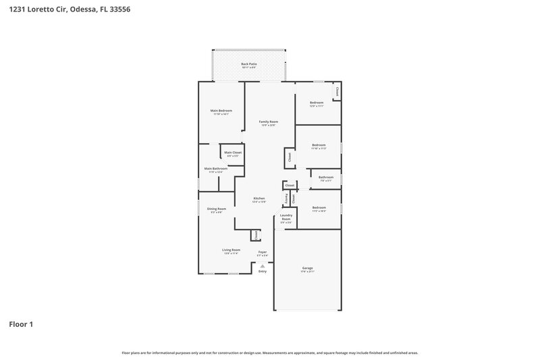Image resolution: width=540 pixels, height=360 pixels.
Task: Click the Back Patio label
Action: tap(248, 64)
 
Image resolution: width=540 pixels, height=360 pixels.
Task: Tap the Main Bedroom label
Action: tap(221, 111)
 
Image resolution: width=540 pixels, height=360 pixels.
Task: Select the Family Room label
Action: tap(268, 122)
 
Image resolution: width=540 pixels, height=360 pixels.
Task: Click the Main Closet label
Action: tap(233, 153)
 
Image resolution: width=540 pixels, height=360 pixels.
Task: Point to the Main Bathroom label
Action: tap(215, 169)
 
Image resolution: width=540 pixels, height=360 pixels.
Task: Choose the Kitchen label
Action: tap(259, 199)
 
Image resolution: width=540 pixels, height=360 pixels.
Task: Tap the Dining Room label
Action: tap(216, 209)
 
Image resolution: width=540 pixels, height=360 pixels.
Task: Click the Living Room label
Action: tap(232, 250)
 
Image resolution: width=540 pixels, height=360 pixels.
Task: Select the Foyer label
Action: tap(262, 252)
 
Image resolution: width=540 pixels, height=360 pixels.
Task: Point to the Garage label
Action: tap(307, 268)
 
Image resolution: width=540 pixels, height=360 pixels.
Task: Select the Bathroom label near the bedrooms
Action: tap(326, 178)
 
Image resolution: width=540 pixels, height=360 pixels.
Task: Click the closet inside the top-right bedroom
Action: tap(337, 91)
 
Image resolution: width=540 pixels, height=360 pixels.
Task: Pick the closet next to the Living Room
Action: tap(256, 234)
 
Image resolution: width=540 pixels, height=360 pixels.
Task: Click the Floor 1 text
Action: tap(21, 324)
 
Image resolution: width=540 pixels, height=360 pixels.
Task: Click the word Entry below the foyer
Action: tap(262, 272)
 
